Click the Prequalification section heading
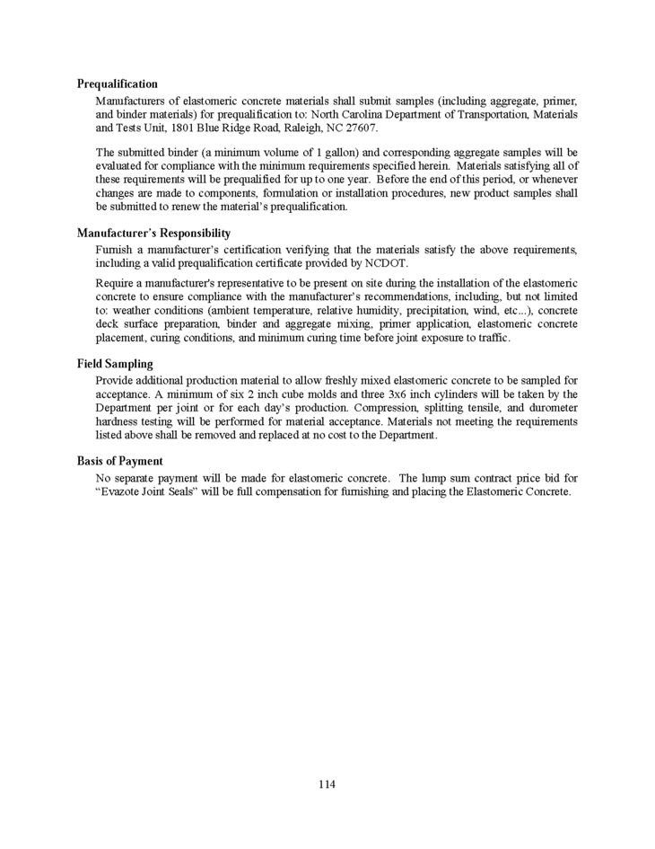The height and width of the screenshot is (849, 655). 118,84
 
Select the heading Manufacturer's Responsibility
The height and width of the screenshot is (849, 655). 153,233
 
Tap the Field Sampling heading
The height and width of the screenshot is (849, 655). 115,365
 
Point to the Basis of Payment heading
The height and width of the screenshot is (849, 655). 119,461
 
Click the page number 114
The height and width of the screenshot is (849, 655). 327,784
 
